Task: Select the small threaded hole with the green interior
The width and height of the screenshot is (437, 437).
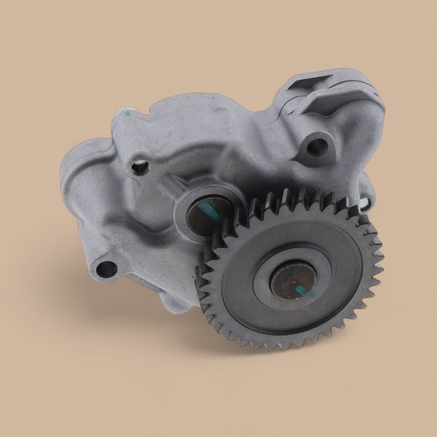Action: tap(141, 167)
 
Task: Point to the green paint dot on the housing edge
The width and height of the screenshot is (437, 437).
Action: tap(127, 113)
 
